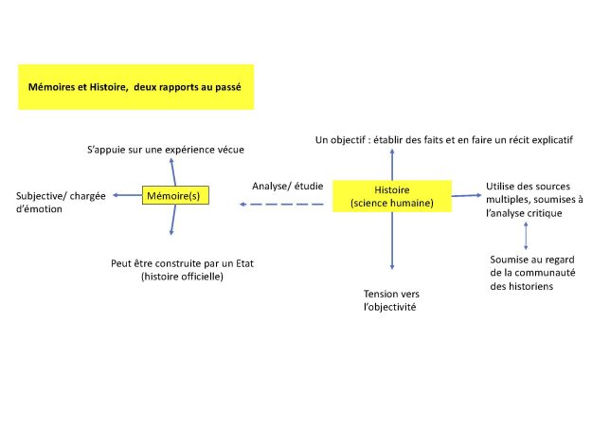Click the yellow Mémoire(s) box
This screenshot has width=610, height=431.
(175, 195)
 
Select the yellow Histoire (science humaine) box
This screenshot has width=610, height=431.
(392, 196)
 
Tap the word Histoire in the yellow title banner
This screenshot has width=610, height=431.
(109, 87)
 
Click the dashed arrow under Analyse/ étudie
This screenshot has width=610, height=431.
(281, 205)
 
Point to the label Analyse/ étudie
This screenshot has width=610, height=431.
(288, 186)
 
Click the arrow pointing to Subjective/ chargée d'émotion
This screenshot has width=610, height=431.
(128, 195)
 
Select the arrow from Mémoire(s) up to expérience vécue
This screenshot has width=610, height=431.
(173, 172)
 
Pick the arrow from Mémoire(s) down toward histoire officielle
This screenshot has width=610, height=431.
(173, 220)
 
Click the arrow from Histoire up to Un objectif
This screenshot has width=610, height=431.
(392, 165)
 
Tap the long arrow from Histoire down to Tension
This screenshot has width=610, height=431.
(392, 241)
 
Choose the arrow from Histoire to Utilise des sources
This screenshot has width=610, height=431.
(466, 195)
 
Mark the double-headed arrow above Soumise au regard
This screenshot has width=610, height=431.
(526, 236)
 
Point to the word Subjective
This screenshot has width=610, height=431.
(36, 196)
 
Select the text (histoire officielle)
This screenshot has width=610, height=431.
(182, 277)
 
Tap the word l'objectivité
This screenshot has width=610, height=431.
(390, 307)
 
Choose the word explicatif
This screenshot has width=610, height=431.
(552, 140)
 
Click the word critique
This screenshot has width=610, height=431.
(547, 213)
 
